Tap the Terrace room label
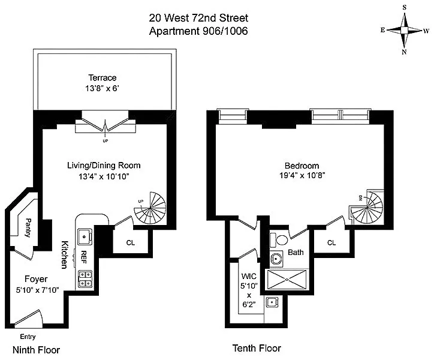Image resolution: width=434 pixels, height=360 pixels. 103,77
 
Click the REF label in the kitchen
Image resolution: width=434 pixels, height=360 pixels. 83,257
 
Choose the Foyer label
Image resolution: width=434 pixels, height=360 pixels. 36,279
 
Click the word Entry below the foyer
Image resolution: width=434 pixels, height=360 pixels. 28,337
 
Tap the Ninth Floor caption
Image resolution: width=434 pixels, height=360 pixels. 36,350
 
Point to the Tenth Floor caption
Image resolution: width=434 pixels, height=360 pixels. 257,348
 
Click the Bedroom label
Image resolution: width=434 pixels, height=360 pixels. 302,166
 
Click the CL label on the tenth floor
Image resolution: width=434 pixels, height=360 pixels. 332,242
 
